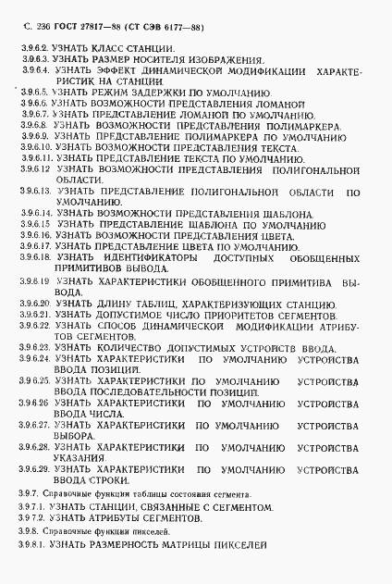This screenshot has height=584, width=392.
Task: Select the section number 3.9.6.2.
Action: coord(35,44)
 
